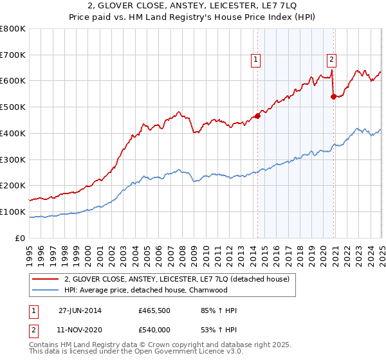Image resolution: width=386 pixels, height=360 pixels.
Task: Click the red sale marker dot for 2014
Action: [257, 116]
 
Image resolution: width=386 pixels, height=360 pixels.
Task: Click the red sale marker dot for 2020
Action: [333, 96]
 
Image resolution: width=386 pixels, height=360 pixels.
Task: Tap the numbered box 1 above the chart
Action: [255, 60]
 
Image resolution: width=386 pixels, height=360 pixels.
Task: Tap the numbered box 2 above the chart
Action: [331, 60]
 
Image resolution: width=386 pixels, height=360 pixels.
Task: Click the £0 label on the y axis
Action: [21, 238]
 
